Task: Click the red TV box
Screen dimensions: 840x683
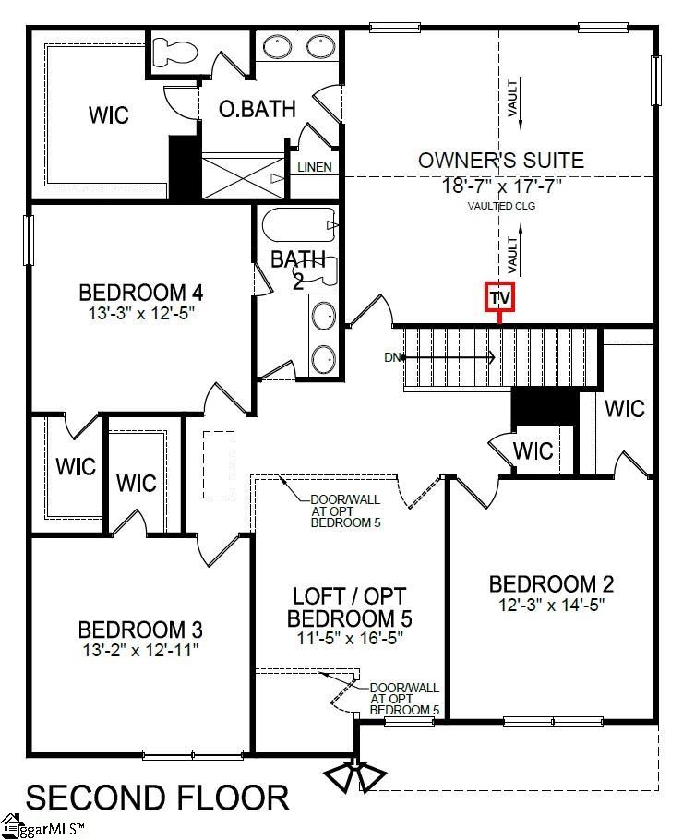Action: coord(499,297)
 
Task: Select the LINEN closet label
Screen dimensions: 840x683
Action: coord(315,167)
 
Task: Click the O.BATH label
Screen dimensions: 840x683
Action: coord(257,109)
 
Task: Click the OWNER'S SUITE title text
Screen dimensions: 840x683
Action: coord(501,160)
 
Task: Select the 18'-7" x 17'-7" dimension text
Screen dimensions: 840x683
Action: coord(501,186)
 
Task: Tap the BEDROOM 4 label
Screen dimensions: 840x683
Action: coord(141,293)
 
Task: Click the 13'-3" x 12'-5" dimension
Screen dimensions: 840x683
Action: coord(141,313)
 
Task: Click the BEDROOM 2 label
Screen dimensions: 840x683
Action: coord(551,584)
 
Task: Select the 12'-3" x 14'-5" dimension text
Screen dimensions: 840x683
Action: coord(551,606)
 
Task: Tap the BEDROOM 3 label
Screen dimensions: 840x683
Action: coord(140,630)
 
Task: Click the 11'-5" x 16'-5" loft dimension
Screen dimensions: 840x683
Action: coord(350,638)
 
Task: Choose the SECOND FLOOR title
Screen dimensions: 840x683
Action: coord(157,796)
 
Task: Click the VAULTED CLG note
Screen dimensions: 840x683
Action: coord(502,206)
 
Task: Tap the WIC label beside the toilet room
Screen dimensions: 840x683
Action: coord(109,115)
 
